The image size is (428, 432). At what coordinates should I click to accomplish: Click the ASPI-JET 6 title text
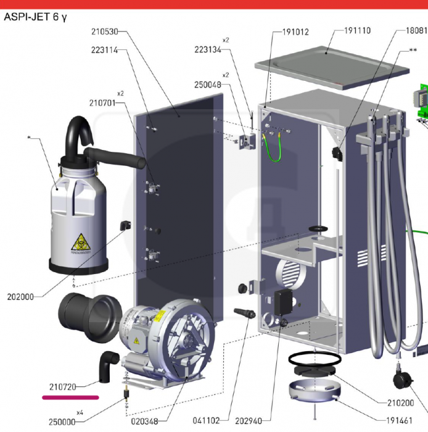pos(35,17)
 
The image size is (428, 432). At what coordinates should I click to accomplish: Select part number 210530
pos(105,31)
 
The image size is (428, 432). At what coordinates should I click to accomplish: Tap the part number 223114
pos(105,50)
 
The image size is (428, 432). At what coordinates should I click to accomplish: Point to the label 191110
pos(358,30)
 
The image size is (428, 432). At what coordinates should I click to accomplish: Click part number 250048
pos(208,85)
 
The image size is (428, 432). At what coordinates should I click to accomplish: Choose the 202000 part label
pos(20,297)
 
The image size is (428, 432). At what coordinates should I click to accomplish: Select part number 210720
pos(63,387)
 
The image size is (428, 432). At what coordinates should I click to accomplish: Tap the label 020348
pos(145,422)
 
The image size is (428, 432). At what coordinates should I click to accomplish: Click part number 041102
pos(207,421)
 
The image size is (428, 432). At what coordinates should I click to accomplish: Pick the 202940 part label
pos(249,421)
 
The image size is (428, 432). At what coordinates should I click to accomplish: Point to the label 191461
pos(400,421)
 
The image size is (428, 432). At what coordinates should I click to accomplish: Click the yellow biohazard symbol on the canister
pos(81,242)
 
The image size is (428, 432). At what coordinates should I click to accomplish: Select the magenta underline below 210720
pos(70,397)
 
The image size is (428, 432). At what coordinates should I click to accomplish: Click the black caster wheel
pos(403,380)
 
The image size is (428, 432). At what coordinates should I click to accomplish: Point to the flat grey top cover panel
pos(332,67)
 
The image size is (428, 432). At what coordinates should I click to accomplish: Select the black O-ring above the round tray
pos(315,358)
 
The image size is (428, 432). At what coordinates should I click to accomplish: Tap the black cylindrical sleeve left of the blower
pos(89,317)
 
